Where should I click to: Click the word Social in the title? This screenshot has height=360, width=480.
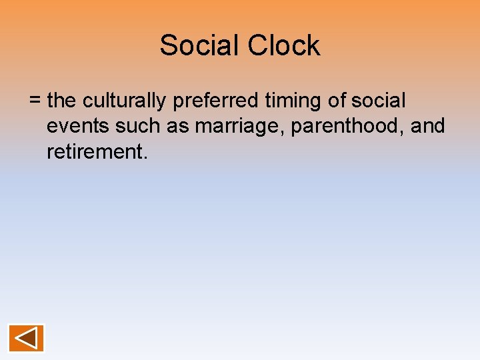(x=200, y=46)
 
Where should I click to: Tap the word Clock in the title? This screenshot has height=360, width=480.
(x=284, y=46)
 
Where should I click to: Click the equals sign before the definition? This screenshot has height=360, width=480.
(x=35, y=101)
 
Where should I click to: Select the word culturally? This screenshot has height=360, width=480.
(x=125, y=101)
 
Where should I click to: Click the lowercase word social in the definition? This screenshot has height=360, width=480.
(x=378, y=101)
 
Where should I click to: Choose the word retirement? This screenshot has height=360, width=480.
(x=94, y=152)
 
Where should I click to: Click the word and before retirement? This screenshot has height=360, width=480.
(x=427, y=127)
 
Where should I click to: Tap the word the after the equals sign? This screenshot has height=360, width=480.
(x=63, y=101)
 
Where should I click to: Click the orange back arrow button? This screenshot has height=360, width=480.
(x=26, y=338)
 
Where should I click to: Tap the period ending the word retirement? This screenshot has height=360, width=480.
(x=143, y=157)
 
